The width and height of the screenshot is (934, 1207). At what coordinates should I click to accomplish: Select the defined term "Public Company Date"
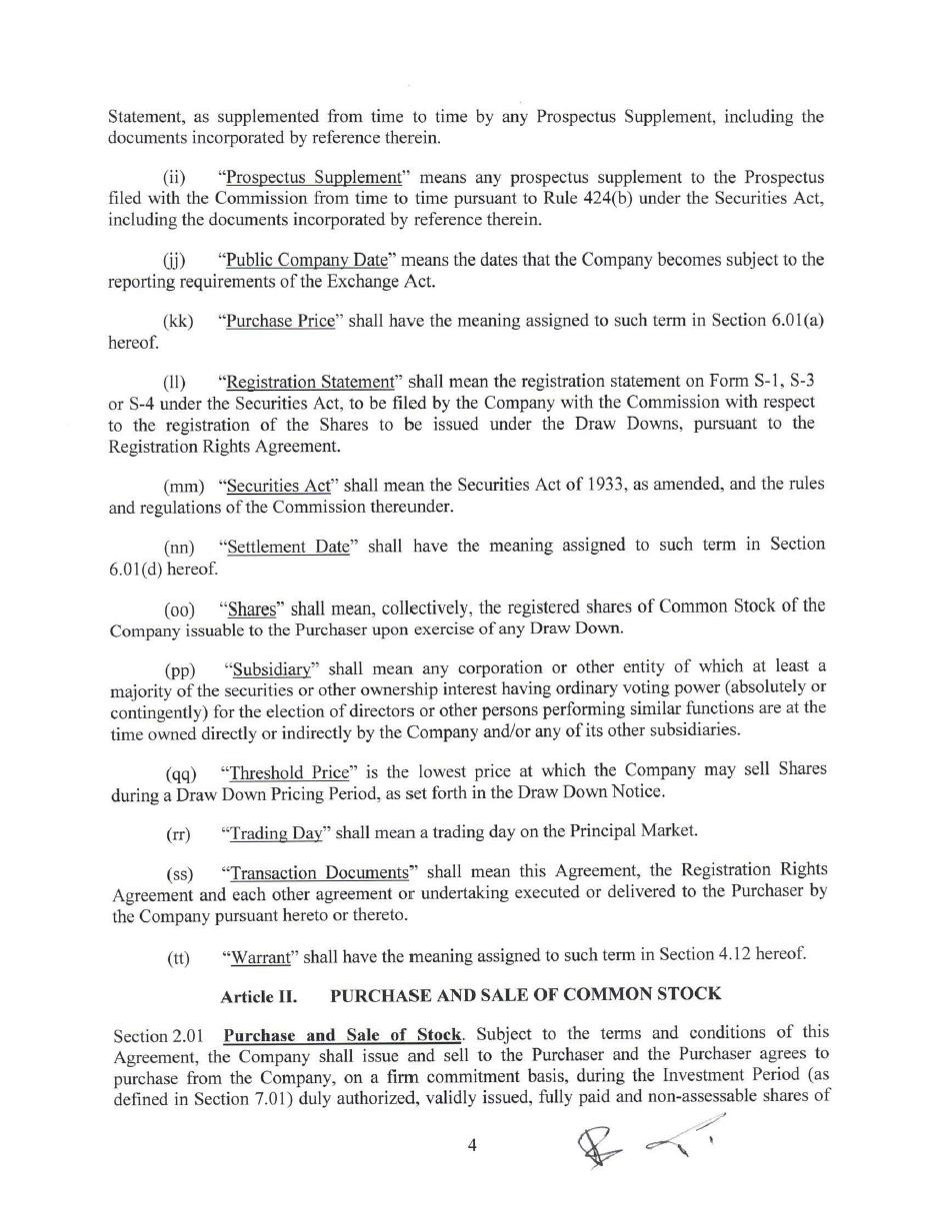click(306, 260)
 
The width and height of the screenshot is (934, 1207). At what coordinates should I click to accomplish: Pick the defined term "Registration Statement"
click(311, 382)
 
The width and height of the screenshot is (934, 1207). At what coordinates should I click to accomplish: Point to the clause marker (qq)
click(181, 773)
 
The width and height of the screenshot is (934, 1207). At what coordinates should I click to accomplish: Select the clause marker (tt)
click(178, 958)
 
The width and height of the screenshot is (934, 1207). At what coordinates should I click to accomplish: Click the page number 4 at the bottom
click(472, 1145)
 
